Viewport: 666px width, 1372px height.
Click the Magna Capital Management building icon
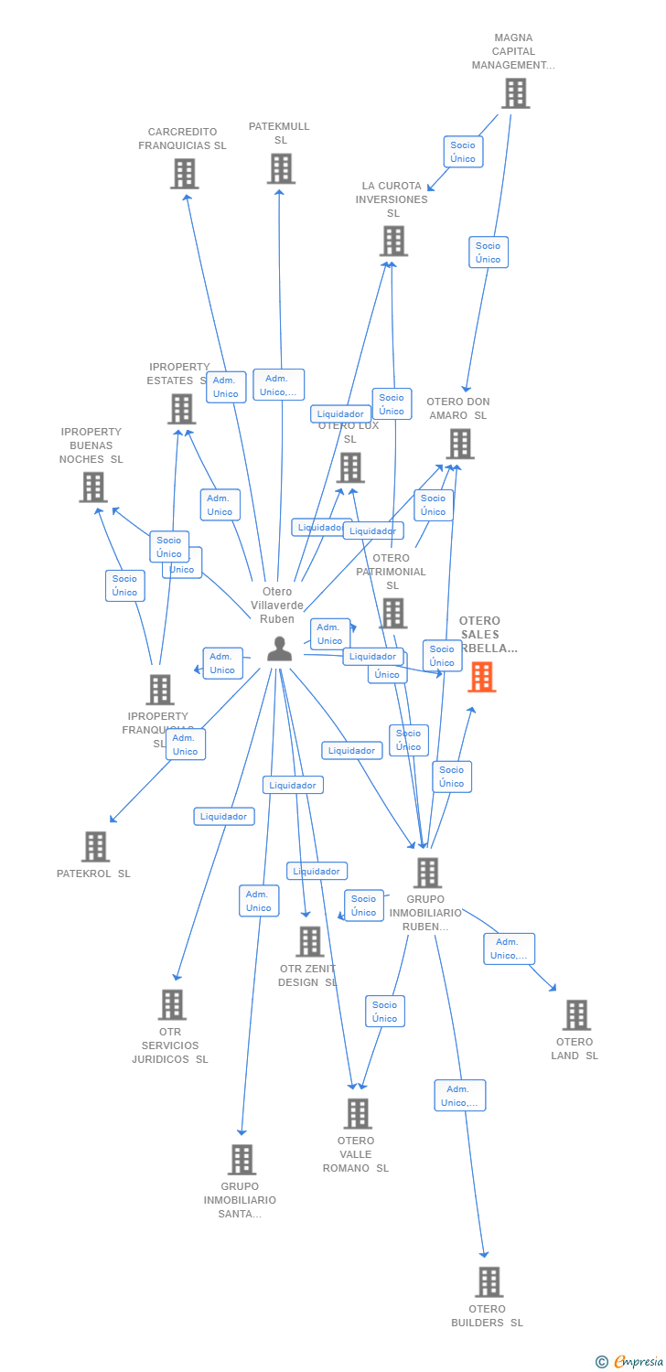(515, 93)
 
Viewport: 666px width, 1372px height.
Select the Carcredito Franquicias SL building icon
(184, 174)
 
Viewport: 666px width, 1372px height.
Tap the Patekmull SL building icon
(281, 169)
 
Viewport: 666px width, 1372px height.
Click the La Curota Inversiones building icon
(393, 241)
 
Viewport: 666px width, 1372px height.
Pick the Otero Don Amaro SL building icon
(459, 445)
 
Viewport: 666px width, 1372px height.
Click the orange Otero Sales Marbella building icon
(481, 677)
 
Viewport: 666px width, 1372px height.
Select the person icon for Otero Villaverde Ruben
(279, 648)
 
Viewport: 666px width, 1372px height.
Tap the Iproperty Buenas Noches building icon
(92, 488)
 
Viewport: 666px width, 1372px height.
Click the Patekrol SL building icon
(95, 847)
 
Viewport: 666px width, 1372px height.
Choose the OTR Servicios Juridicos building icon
(171, 1005)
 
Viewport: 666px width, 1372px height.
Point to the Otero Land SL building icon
(575, 1015)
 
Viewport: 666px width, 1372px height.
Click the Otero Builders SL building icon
(489, 1282)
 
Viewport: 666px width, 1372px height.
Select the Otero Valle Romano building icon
(357, 1114)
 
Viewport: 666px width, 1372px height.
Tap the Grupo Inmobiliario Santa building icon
(242, 1160)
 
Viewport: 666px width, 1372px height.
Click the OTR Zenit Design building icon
(309, 941)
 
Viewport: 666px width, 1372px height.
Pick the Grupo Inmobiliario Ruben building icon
(426, 873)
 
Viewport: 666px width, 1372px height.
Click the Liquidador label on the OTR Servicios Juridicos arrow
(224, 816)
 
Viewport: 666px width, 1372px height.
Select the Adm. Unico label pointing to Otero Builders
(459, 1096)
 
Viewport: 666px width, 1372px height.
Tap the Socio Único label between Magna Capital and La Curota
(463, 152)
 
